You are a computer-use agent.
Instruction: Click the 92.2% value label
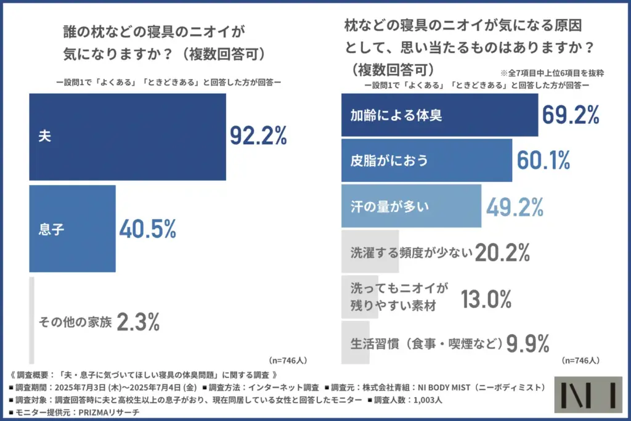258,136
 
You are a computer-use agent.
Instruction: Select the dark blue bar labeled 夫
128,136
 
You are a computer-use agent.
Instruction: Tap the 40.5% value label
147,229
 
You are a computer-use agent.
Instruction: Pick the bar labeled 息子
72,229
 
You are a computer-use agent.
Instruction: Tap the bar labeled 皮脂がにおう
426,160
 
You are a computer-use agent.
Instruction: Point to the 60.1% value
543,160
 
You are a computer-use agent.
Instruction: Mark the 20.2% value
503,251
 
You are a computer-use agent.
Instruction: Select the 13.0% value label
487,299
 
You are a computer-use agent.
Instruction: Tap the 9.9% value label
527,343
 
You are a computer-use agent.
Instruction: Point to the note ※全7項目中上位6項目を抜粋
552,73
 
